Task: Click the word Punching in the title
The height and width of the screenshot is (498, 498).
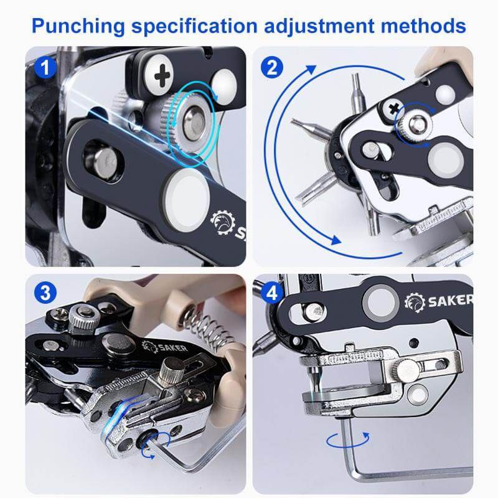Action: pyautogui.click(x=78, y=27)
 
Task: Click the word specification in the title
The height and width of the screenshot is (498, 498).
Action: pyautogui.click(x=194, y=27)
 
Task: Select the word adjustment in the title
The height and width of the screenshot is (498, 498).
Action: pyautogui.click(x=319, y=27)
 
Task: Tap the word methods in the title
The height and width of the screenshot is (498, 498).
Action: pyautogui.click(x=423, y=26)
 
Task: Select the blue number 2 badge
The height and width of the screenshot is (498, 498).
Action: pyautogui.click(x=272, y=67)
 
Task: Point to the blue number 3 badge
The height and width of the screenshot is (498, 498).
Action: pyautogui.click(x=45, y=292)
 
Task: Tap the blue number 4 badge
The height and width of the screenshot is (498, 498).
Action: pyautogui.click(x=272, y=293)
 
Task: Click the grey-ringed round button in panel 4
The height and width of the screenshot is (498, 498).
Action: pyautogui.click(x=380, y=303)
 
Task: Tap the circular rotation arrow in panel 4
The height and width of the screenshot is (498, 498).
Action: pyautogui.click(x=348, y=440)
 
